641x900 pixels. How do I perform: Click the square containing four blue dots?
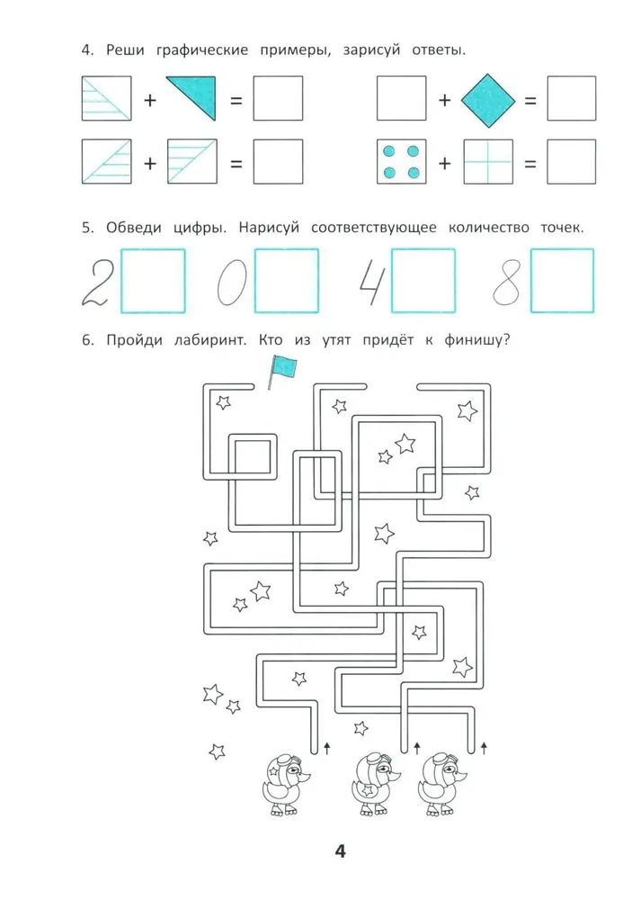(401, 161)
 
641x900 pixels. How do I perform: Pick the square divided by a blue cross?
(488, 161)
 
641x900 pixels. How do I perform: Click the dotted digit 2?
(96, 281)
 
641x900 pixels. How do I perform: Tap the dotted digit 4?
(371, 283)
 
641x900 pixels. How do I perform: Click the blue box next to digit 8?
(563, 280)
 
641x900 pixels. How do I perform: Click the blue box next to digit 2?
(153, 280)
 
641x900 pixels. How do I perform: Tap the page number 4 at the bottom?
(340, 850)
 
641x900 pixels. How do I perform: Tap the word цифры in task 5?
(200, 229)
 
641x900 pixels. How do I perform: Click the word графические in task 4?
(202, 50)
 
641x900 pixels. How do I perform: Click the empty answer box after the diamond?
(571, 98)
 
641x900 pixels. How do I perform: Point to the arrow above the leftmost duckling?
(327, 747)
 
